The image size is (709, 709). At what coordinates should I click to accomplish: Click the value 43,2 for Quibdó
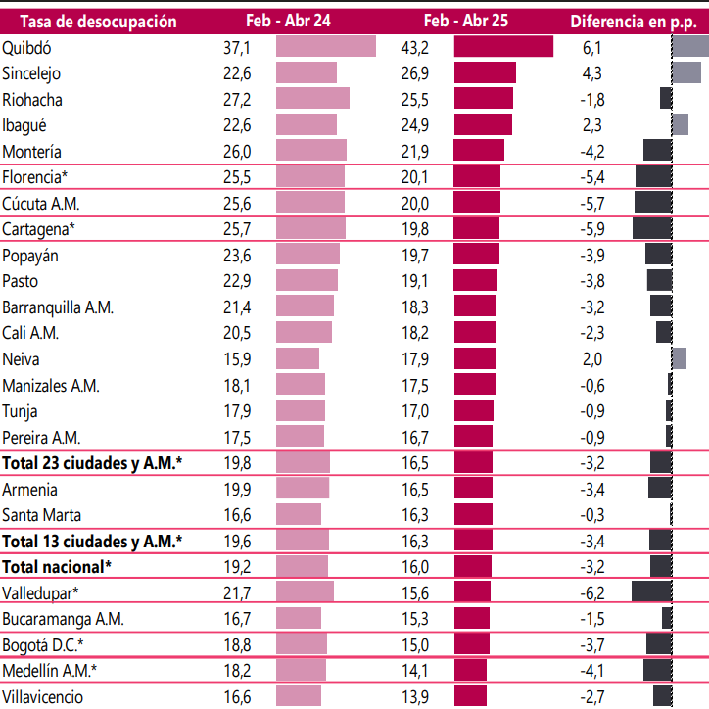coord(415,47)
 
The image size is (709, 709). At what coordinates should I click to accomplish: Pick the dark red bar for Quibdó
coord(503,47)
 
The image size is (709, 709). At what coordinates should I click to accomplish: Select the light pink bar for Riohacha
coord(312,99)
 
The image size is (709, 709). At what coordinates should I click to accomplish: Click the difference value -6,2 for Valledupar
coord(593,592)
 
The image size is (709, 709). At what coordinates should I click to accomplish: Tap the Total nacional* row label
coord(57,566)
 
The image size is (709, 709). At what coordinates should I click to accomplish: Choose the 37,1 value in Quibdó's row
coord(236,47)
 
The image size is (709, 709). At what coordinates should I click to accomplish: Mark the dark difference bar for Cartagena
coord(652,228)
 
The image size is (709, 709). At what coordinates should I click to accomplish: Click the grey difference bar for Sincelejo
coord(686,72)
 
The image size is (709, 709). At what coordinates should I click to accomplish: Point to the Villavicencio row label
coord(42,696)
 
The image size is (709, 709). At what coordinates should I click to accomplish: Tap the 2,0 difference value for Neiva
coord(593,358)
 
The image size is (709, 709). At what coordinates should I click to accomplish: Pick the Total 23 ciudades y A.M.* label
coord(92,463)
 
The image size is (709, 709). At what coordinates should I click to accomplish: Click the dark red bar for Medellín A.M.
coord(470,670)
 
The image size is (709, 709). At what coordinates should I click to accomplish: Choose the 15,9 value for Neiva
coord(236,358)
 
